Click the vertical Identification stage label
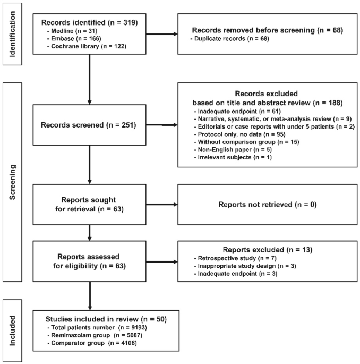12,34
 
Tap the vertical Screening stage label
12,182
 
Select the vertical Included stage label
12,331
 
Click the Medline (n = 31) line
72,31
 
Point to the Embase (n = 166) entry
74,39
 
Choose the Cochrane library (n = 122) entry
87,46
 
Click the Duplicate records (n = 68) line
229,39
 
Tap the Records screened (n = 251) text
88,125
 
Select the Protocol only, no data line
239,134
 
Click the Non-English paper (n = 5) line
233,149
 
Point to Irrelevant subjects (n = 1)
233,157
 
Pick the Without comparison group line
246,142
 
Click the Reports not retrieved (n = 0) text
268,205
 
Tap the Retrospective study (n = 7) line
235,258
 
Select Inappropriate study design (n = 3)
245,266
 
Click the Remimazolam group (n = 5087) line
95,335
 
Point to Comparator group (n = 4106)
92,343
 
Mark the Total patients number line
97,327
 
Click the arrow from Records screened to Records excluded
162,125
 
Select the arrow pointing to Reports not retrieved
162,205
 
